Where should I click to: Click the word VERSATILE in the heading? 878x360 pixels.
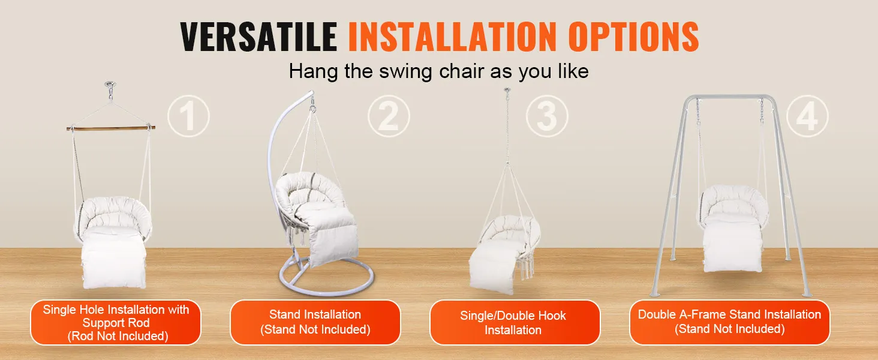[258, 37]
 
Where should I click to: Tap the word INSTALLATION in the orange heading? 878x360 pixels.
[452, 37]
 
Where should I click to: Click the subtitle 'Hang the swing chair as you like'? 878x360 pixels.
[438, 71]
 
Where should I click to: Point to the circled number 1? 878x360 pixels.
[188, 116]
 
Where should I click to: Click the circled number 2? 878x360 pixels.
[389, 116]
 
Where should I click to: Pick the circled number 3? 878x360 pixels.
[547, 116]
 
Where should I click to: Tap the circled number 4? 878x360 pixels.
[807, 116]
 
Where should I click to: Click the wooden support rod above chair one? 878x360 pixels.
[110, 128]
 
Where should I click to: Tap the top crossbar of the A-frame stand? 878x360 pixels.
[730, 97]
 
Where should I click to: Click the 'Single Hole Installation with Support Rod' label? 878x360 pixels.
[116, 322]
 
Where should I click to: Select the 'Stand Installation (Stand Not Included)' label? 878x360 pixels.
[315, 322]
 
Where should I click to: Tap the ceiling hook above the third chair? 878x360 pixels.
[507, 91]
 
